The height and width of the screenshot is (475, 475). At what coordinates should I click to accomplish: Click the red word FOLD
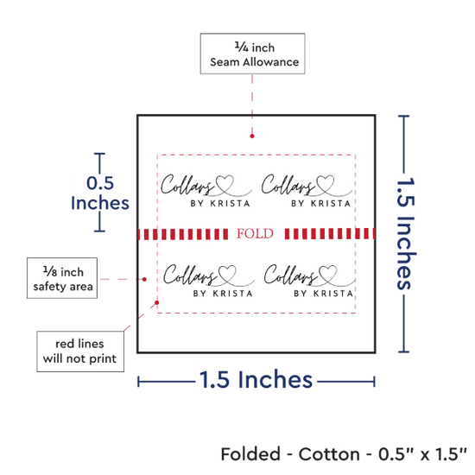(255, 233)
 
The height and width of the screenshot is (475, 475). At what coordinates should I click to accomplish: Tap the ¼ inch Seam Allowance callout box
(253, 54)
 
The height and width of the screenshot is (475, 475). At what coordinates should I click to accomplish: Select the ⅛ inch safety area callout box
(62, 278)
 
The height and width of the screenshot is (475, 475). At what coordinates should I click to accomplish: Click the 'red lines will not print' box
(80, 351)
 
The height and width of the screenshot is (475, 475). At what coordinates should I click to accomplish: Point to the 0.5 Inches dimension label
(100, 193)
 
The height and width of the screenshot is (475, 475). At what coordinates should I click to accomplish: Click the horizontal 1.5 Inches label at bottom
(256, 380)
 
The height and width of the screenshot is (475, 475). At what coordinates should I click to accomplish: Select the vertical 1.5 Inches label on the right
(407, 232)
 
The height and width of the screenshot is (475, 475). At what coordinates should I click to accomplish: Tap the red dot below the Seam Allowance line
(252, 136)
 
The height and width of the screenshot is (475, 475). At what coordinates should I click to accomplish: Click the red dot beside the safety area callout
(144, 279)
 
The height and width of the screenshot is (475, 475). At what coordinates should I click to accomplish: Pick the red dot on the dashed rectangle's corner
(157, 302)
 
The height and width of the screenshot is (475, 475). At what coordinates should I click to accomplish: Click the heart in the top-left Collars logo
(225, 184)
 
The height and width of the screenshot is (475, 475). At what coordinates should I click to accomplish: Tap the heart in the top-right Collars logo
(325, 184)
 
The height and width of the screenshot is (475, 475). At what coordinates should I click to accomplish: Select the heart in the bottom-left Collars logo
(227, 274)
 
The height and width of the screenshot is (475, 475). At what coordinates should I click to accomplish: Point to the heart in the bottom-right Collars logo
(328, 274)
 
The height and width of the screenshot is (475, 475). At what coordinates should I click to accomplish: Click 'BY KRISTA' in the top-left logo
(220, 203)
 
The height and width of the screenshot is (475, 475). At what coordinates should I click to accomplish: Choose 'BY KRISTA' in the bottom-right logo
(324, 294)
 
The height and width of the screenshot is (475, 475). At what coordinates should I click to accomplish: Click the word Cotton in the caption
(329, 454)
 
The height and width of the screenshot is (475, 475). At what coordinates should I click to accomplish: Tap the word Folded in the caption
(250, 454)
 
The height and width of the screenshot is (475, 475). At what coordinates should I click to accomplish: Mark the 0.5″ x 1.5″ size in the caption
(422, 454)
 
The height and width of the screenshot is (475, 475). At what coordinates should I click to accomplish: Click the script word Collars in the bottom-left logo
(190, 275)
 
